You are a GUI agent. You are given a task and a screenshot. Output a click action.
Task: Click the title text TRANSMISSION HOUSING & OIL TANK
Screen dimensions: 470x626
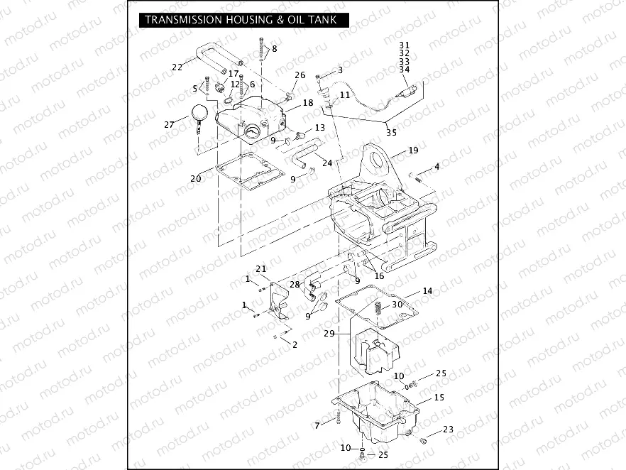point(241,20)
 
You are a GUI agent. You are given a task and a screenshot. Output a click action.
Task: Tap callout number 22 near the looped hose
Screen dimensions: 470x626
point(177,67)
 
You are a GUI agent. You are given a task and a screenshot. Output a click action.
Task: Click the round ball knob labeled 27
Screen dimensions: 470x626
point(199,111)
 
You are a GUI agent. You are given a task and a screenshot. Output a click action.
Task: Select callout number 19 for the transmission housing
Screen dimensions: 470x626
point(414,151)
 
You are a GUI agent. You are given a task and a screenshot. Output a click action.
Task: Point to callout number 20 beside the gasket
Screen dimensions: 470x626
point(195,178)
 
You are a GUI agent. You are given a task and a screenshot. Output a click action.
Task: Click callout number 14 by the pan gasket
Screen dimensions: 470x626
point(427,291)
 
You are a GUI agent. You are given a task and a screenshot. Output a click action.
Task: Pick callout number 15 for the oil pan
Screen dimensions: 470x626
point(439,398)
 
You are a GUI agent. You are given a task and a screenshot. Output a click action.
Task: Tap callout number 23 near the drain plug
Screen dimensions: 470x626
point(448,429)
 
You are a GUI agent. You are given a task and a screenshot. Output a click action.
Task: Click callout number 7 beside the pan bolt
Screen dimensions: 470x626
point(317,425)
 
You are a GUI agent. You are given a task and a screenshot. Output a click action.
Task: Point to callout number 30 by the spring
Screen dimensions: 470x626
point(397,304)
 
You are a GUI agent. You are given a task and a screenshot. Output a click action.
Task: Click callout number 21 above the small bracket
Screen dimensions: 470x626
point(260,268)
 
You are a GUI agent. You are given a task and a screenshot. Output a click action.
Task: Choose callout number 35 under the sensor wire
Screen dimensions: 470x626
point(391,132)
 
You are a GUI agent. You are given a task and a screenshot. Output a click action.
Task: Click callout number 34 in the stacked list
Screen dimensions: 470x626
point(405,70)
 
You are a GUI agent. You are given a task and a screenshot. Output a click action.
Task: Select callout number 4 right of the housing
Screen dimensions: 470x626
point(437,167)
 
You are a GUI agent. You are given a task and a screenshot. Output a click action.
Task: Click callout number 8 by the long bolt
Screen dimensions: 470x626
point(275,48)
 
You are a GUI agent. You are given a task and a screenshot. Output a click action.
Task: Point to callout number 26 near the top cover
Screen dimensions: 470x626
point(300,75)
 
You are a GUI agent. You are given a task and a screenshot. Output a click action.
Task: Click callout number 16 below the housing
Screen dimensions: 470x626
point(379,276)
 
